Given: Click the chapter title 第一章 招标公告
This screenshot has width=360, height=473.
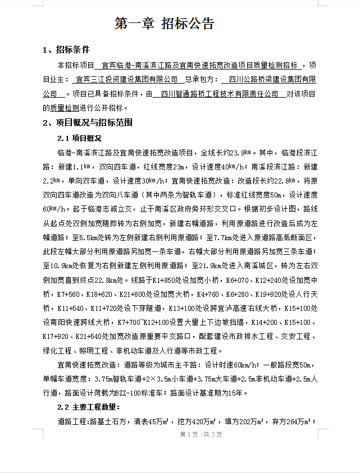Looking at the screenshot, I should tap(165, 24).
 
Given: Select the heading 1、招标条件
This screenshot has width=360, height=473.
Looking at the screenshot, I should tap(66, 50).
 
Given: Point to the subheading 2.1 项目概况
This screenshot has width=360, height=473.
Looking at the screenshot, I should tap(79, 137).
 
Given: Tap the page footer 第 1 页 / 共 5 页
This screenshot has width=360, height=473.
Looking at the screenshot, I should tap(200, 434).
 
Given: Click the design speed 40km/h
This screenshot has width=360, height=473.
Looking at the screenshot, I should tap(231, 167).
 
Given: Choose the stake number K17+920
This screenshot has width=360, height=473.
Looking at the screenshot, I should tap(56, 337).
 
